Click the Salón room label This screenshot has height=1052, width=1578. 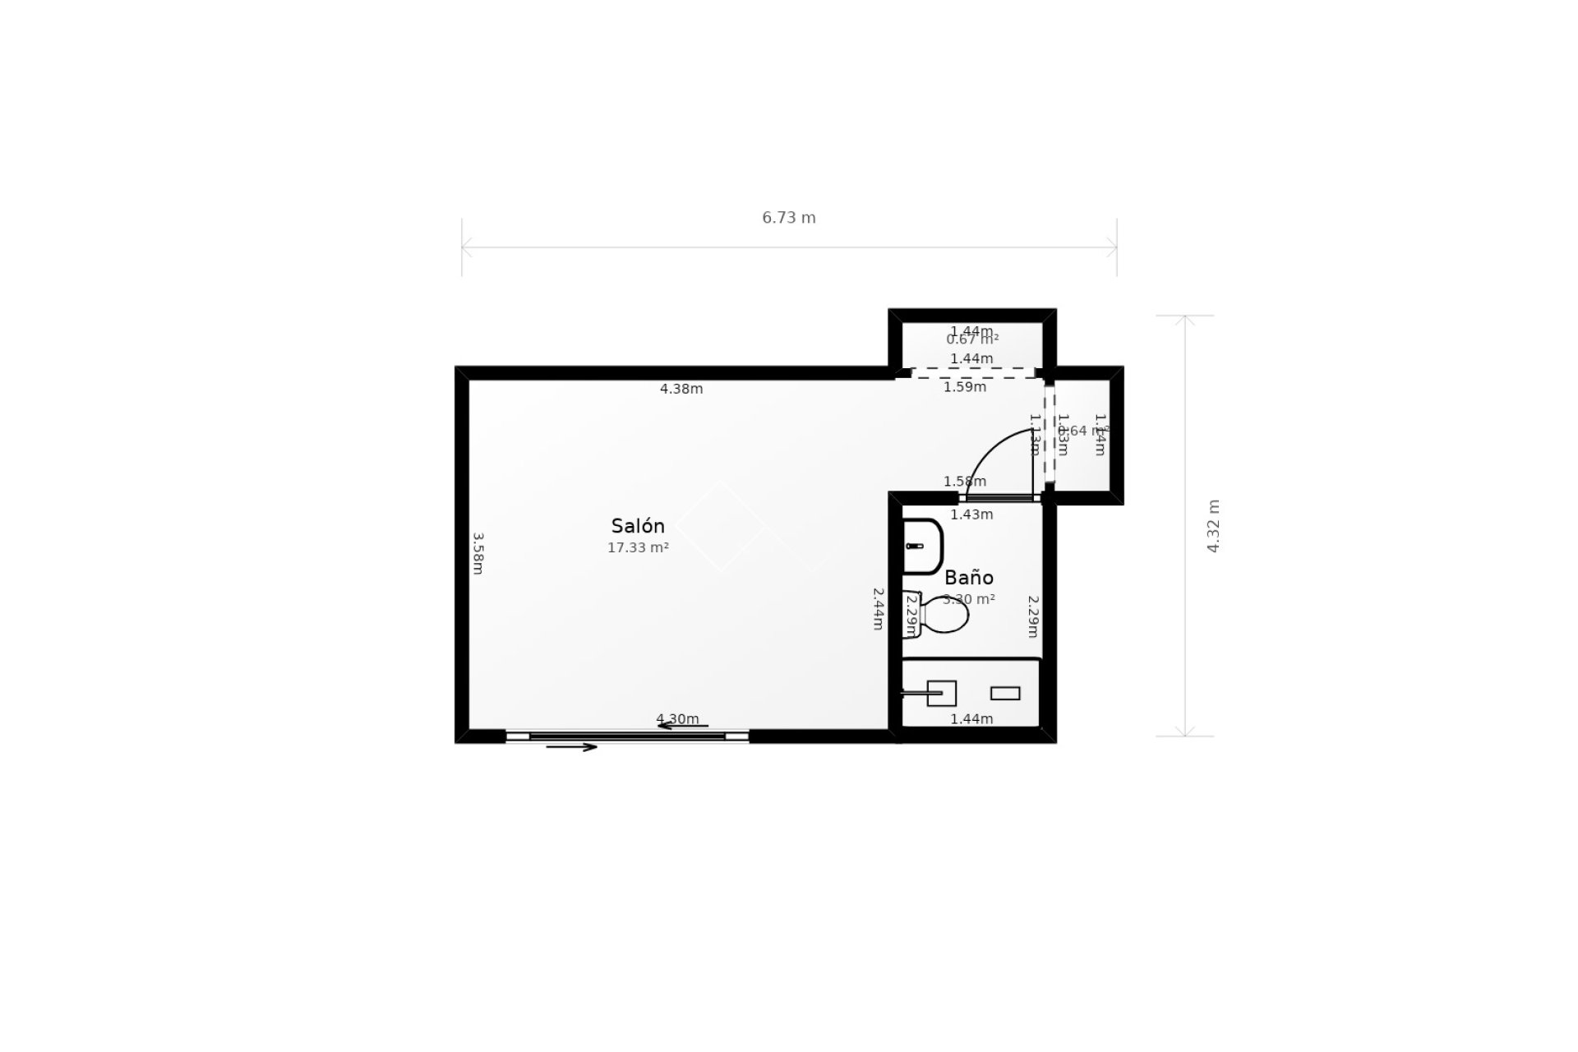pyautogui.click(x=638, y=526)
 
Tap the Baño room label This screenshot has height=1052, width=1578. pyautogui.click(x=969, y=577)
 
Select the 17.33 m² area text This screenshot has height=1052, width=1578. pyautogui.click(x=638, y=547)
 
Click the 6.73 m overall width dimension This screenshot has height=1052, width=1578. pyautogui.click(x=789, y=218)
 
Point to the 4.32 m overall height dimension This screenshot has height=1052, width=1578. pyautogui.click(x=1213, y=526)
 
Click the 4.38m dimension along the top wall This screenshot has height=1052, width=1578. pyautogui.click(x=681, y=389)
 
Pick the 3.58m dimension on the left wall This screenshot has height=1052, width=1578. pyautogui.click(x=478, y=553)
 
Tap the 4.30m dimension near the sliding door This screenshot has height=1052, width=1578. pyautogui.click(x=677, y=719)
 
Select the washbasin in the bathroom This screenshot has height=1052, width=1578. pyautogui.click(x=921, y=546)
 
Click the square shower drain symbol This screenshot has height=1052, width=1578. pyautogui.click(x=942, y=693)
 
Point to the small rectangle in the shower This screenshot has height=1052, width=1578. pyautogui.click(x=1005, y=693)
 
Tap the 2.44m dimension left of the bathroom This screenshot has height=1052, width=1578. pyautogui.click(x=878, y=608)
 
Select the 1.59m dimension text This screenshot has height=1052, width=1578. pyautogui.click(x=965, y=386)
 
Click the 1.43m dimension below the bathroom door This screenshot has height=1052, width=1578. pyautogui.click(x=971, y=514)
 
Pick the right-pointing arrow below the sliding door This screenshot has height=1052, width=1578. pyautogui.click(x=572, y=747)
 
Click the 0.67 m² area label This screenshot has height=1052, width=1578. pyautogui.click(x=972, y=339)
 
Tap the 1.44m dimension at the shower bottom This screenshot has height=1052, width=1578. pyautogui.click(x=971, y=719)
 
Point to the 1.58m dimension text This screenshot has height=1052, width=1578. pyautogui.click(x=965, y=482)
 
